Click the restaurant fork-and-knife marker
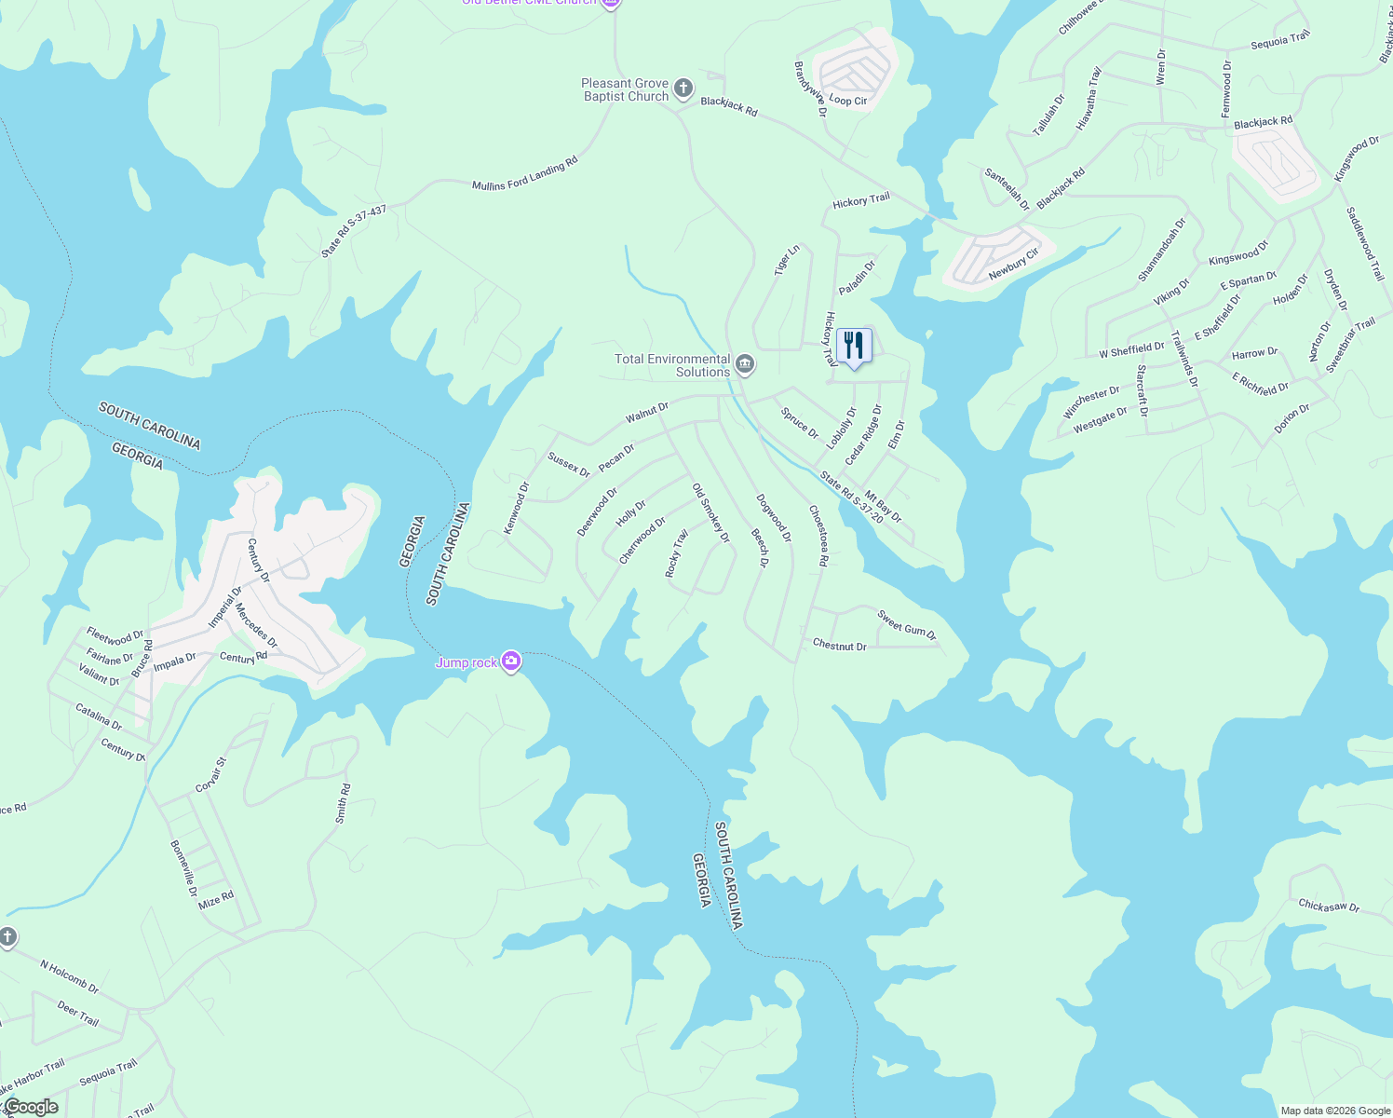pos(854,346)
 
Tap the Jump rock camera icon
pos(510,661)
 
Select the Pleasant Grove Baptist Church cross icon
pos(683,89)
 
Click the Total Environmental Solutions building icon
pos(744,363)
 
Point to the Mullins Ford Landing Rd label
pos(525,174)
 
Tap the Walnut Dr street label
pos(647,413)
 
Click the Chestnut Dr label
pos(839,645)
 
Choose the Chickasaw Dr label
pos(1329,906)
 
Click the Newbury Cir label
pos(1014,264)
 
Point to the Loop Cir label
pos(847,101)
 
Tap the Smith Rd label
pos(342,804)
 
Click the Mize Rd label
pos(216,900)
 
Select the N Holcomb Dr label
pos(69,976)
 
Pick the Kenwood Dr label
pos(516,508)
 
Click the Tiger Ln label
pos(787,261)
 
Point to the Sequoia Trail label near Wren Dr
pos(1280,41)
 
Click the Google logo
pos(31,1107)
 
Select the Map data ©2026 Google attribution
pos(1335,1111)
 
